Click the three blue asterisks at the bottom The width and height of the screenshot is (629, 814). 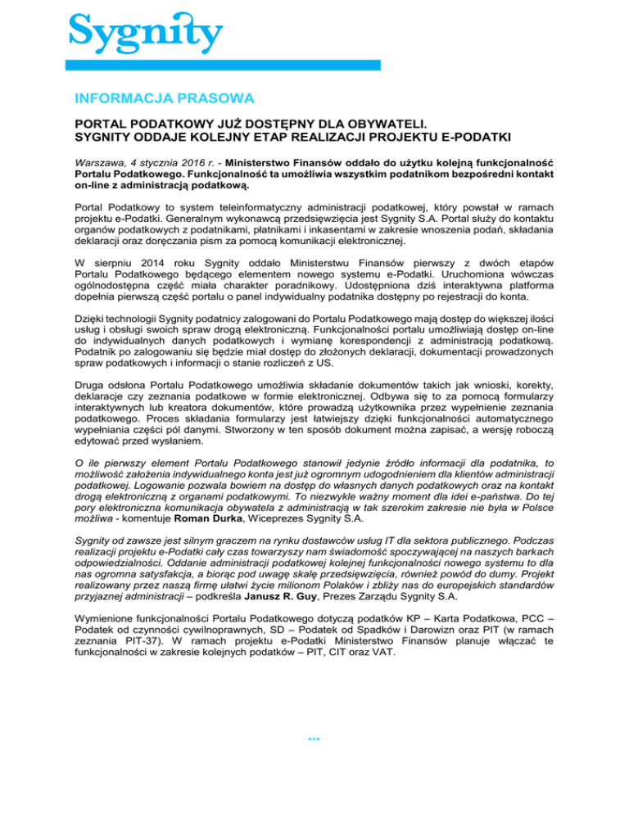(314, 740)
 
